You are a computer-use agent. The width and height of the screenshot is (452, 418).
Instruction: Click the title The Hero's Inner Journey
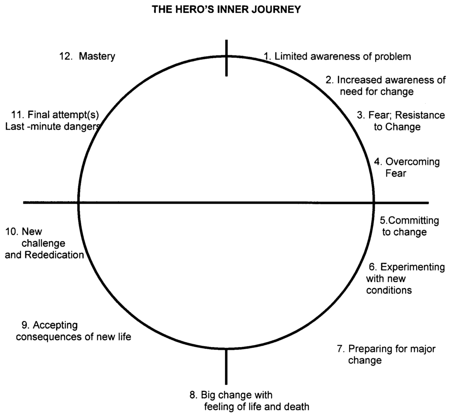(226, 9)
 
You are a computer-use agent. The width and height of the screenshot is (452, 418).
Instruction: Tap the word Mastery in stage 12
(97, 56)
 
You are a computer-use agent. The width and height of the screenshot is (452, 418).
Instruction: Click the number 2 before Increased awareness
(328, 80)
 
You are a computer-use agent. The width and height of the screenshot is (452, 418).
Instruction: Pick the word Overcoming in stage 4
(413, 162)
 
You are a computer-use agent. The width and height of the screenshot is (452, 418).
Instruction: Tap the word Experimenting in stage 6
(412, 267)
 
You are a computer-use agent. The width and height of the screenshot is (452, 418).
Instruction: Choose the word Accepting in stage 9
(55, 325)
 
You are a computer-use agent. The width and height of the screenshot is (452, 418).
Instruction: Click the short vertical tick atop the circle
(226, 57)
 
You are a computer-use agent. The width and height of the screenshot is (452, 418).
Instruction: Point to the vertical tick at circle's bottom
(226, 366)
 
